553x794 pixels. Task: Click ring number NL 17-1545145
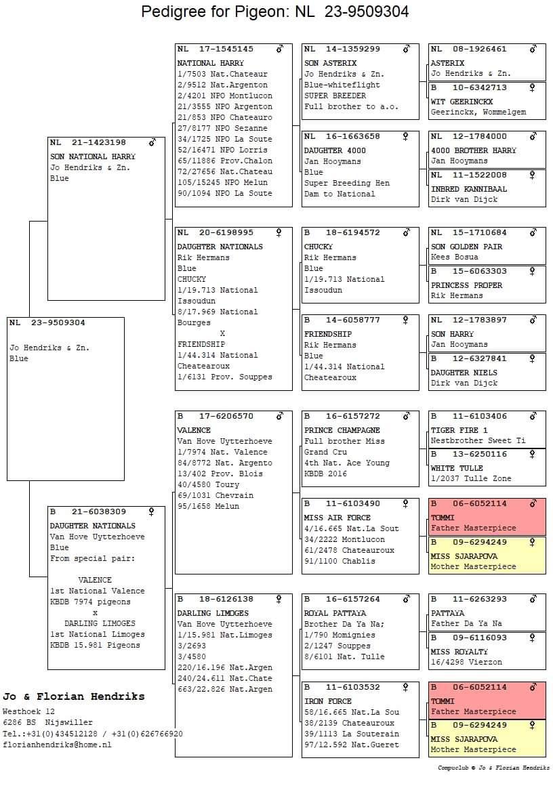[216, 49]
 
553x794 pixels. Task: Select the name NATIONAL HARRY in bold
[206, 63]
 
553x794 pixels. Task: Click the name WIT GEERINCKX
[462, 102]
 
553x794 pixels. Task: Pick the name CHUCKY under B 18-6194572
[319, 247]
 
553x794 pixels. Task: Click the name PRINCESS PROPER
[467, 285]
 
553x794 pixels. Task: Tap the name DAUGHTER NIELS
[464, 373]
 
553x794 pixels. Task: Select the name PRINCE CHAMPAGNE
[342, 430]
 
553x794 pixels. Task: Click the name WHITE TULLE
[457, 468]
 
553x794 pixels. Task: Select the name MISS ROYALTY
[459, 652]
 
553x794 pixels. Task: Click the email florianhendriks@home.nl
[56, 745]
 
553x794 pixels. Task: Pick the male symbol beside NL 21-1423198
[152, 143]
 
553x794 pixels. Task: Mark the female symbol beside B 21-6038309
[152, 511]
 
